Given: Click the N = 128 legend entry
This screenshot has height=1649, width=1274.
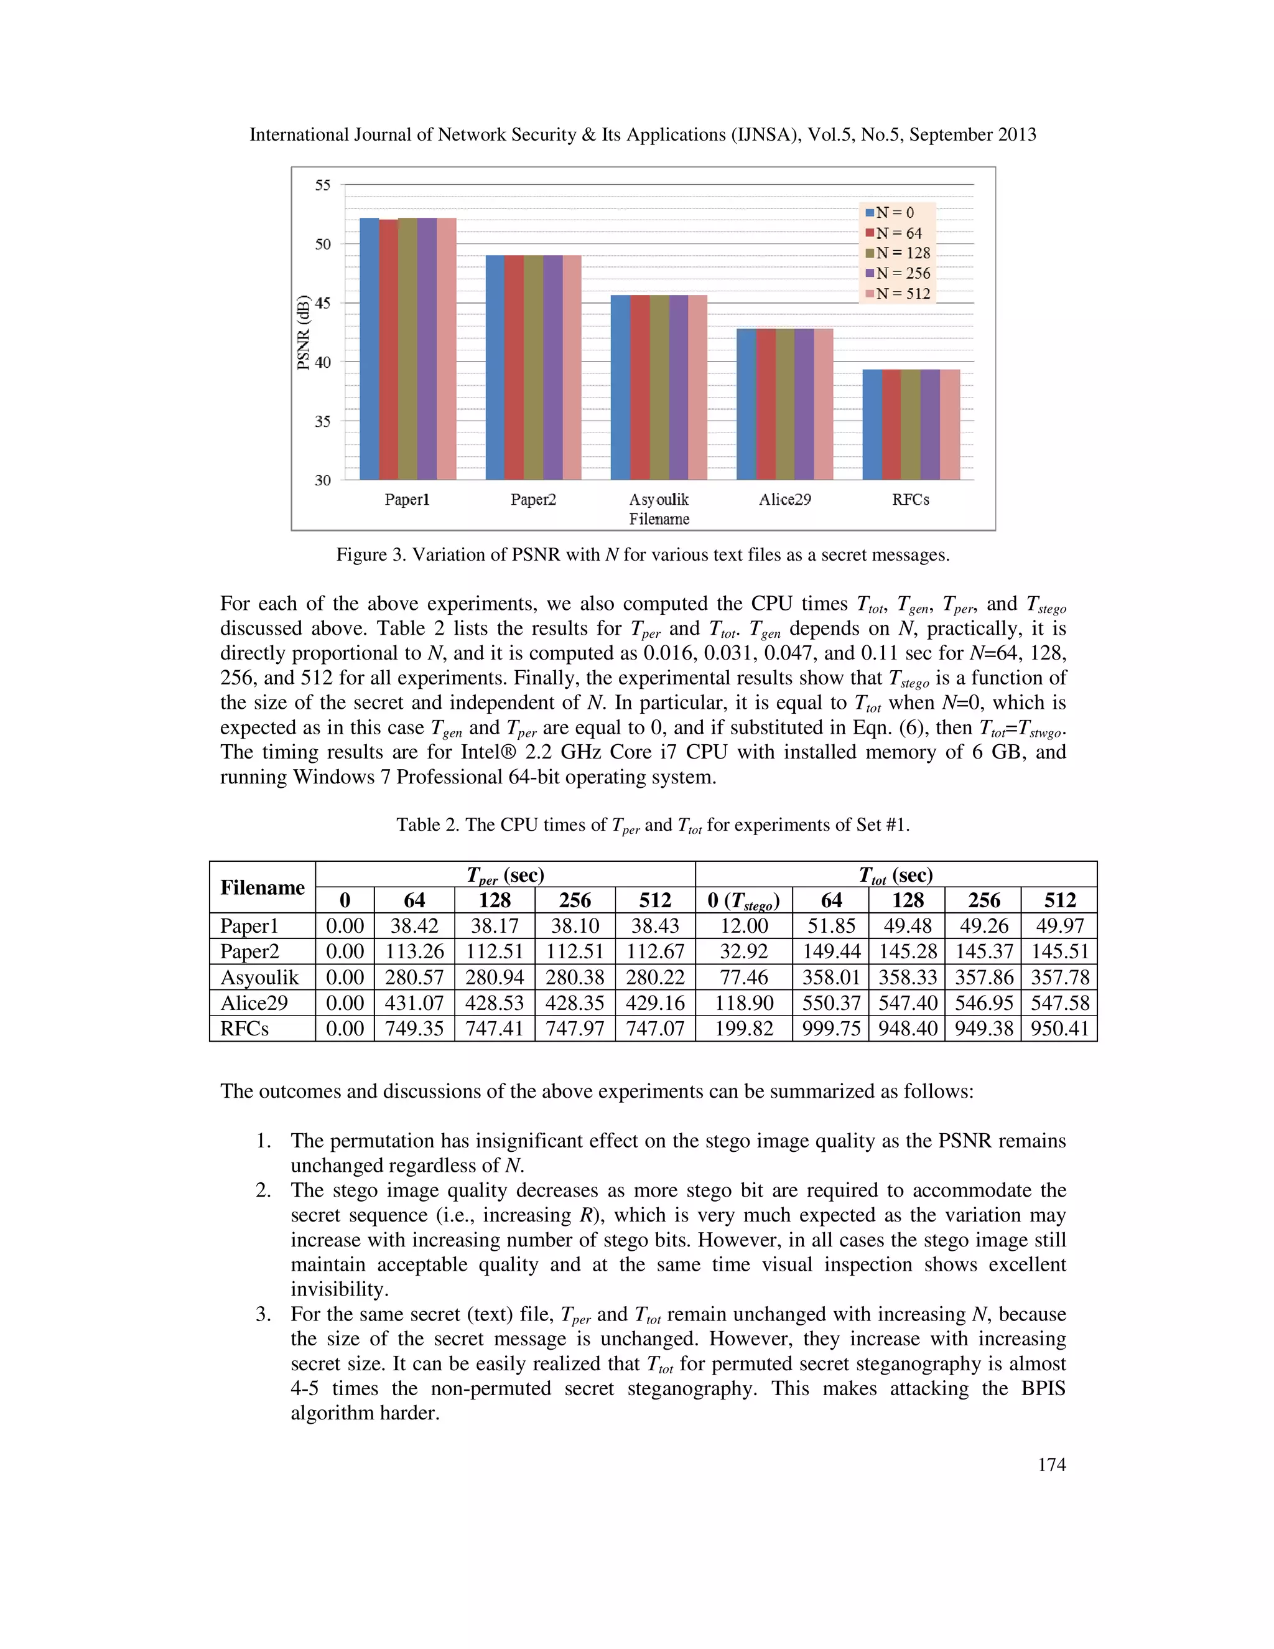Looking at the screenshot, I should point(898,253).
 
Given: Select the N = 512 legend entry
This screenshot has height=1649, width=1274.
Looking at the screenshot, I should point(898,294).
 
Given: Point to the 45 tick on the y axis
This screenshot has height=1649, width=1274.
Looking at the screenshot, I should point(322,303).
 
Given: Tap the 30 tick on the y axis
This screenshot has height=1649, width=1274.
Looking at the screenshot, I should point(322,480).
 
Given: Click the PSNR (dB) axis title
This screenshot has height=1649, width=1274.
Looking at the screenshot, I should point(304,332).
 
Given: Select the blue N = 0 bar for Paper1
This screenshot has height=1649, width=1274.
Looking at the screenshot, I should point(369,347).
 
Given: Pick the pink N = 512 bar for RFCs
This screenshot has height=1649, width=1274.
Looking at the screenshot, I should point(949,424).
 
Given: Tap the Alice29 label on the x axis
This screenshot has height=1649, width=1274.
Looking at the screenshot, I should point(785,500).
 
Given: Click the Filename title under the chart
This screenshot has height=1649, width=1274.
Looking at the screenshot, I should point(659,520).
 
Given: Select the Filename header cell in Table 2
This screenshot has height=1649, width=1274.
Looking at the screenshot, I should point(262,887).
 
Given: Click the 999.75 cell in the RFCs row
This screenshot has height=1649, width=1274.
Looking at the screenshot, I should point(830,1029).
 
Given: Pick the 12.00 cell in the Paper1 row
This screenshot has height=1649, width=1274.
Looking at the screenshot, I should point(743,926).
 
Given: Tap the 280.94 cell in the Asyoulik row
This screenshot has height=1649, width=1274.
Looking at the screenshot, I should point(495,977).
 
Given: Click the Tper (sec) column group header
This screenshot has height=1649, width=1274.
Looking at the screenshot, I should point(505,874).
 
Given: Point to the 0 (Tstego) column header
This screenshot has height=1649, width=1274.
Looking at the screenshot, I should point(743,901).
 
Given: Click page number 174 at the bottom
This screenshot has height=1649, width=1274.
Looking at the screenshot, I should point(1051,1465).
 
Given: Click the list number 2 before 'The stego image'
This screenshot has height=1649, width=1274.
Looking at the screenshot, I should point(263,1190).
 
